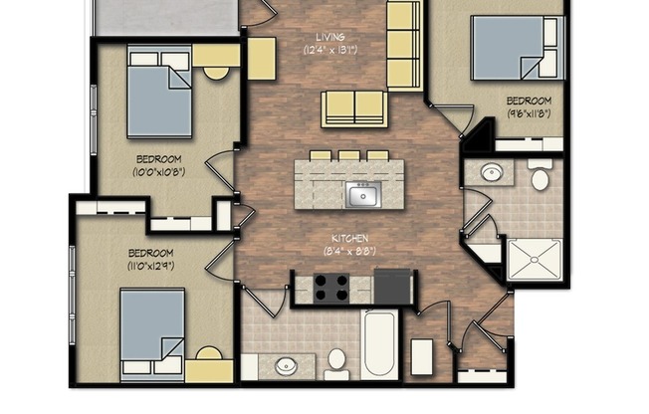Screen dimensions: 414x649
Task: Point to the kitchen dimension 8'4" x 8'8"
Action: click(350, 252)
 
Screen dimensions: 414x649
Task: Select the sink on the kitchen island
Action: click(362, 194)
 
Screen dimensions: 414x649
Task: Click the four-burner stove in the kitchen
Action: click(332, 288)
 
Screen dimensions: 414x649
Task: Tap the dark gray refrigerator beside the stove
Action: click(392, 287)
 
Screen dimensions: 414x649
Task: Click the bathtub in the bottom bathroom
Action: click(379, 344)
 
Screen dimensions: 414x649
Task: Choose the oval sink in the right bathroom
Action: click(491, 174)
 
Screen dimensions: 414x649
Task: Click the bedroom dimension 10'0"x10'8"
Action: click(158, 171)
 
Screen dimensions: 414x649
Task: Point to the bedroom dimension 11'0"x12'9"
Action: click(150, 266)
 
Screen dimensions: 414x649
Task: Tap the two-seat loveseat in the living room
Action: click(353, 104)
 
